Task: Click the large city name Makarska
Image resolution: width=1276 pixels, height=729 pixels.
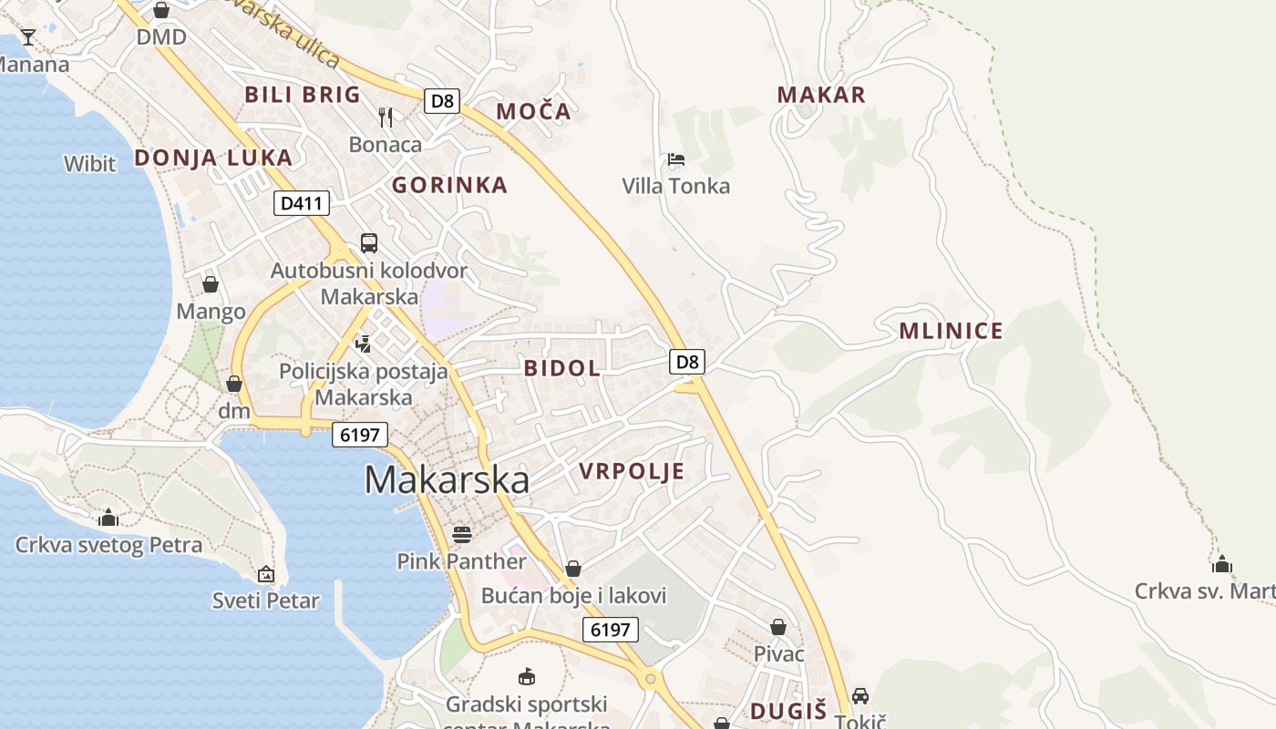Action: pyautogui.click(x=447, y=480)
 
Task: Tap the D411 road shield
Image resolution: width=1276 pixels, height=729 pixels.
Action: pyautogui.click(x=301, y=203)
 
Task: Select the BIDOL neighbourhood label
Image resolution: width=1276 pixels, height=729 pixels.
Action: pyautogui.click(x=562, y=368)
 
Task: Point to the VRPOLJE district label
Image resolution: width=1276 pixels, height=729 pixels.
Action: pyautogui.click(x=632, y=471)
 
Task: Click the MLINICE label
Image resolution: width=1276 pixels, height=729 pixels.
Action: pyautogui.click(x=951, y=331)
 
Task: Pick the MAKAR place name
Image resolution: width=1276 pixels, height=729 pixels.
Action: pyautogui.click(x=821, y=94)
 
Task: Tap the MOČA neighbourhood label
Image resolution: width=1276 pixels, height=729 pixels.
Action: pyautogui.click(x=533, y=112)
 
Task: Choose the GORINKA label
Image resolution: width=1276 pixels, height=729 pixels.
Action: pyautogui.click(x=449, y=185)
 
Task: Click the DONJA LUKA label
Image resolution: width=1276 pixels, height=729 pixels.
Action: pyautogui.click(x=213, y=158)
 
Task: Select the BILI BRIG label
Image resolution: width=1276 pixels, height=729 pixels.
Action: pyautogui.click(x=303, y=94)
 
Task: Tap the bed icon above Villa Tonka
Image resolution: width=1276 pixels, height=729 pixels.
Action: pyautogui.click(x=675, y=159)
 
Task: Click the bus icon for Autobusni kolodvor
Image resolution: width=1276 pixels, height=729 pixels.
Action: pyautogui.click(x=369, y=242)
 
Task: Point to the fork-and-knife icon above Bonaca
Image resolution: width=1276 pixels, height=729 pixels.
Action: pyautogui.click(x=386, y=117)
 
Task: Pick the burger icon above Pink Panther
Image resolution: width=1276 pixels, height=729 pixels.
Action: pyautogui.click(x=462, y=534)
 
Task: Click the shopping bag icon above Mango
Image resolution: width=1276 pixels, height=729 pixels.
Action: pyautogui.click(x=211, y=284)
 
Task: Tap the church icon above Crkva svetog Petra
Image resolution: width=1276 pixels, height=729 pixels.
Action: pyautogui.click(x=108, y=518)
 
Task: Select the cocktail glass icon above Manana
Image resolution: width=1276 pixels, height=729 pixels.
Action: pyautogui.click(x=28, y=37)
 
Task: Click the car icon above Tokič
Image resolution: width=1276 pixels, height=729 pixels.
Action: pyautogui.click(x=859, y=695)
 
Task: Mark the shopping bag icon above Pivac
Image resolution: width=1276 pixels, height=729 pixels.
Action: pyautogui.click(x=778, y=627)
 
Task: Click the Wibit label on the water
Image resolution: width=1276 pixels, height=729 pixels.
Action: pyautogui.click(x=89, y=164)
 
